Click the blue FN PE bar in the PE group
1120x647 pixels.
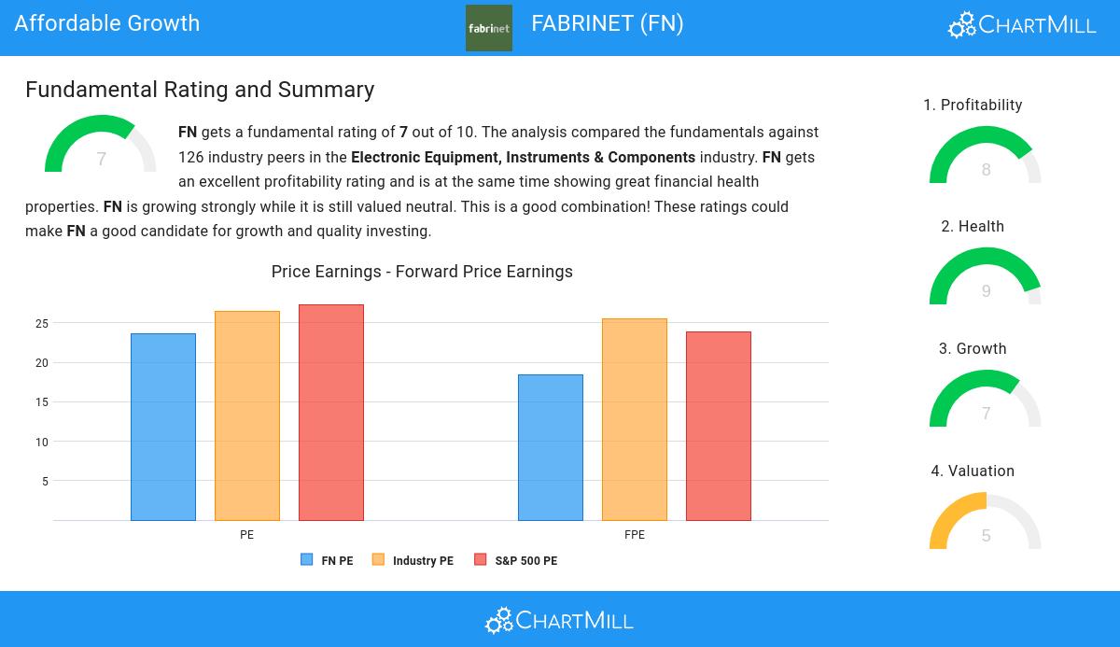(x=163, y=427)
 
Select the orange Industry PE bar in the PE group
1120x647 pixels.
(x=247, y=415)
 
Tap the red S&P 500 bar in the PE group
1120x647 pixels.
(x=331, y=412)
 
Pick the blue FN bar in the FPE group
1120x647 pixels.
(x=551, y=447)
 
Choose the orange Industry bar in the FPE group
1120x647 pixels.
(x=635, y=419)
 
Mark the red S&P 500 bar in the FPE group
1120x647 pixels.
(x=719, y=426)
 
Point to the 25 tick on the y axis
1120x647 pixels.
(x=42, y=324)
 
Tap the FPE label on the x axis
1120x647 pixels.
(x=635, y=535)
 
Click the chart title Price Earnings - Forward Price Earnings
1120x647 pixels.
(x=422, y=272)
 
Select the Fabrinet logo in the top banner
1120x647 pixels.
(x=489, y=28)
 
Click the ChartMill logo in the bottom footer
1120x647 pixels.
(x=559, y=620)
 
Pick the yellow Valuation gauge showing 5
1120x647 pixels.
(x=986, y=523)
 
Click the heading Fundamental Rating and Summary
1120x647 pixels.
(x=200, y=90)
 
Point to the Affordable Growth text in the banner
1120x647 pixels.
(x=107, y=23)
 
